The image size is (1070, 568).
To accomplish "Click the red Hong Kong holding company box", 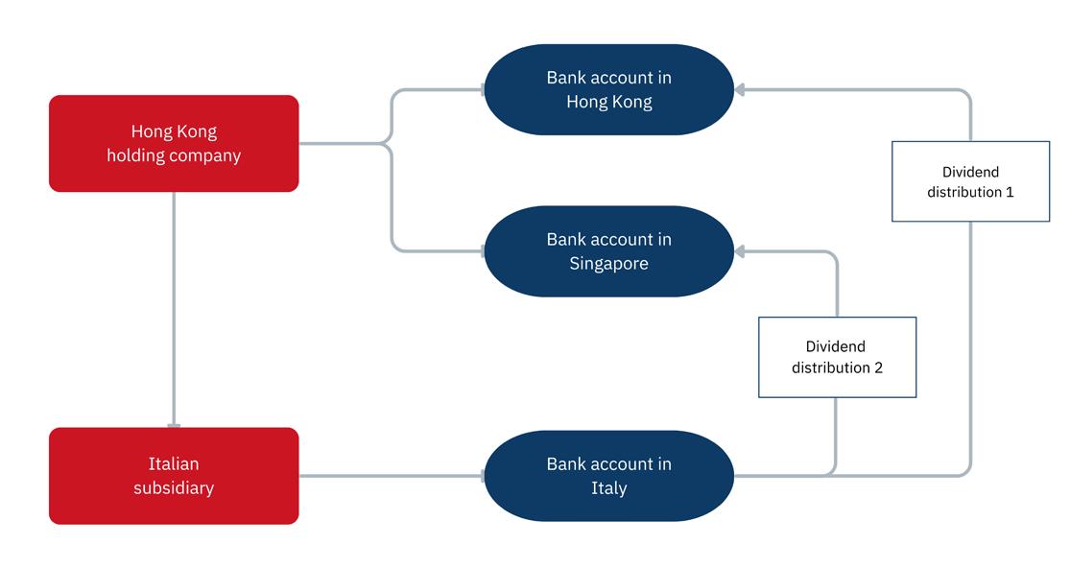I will [174, 143].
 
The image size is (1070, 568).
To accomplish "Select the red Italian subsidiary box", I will [174, 476].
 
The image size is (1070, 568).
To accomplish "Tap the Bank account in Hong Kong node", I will [608, 89].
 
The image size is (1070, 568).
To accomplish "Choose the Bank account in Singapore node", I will [608, 251].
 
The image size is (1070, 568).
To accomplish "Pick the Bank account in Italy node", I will [608, 476].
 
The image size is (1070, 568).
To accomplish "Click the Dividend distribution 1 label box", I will [970, 181].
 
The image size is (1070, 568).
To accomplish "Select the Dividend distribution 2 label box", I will [837, 357].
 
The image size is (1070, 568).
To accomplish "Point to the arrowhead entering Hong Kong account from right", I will [741, 90].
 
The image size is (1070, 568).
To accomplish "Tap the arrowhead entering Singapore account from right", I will [741, 251].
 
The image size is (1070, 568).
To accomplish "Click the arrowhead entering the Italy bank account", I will [479, 475].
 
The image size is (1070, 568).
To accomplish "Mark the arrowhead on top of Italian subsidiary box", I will [174, 423].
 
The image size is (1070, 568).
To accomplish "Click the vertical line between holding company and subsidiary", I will [174, 307].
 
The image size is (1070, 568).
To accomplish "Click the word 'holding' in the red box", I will [133, 155].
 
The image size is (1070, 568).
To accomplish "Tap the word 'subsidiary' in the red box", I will [174, 488].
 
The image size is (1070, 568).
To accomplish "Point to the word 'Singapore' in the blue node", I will [608, 264].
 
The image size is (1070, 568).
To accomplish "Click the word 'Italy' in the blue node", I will [608, 488].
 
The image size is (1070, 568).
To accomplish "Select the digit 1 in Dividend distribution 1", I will [1009, 192].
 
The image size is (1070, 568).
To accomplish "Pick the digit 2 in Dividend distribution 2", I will [877, 367].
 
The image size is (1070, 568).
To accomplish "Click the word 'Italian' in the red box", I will [174, 464].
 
